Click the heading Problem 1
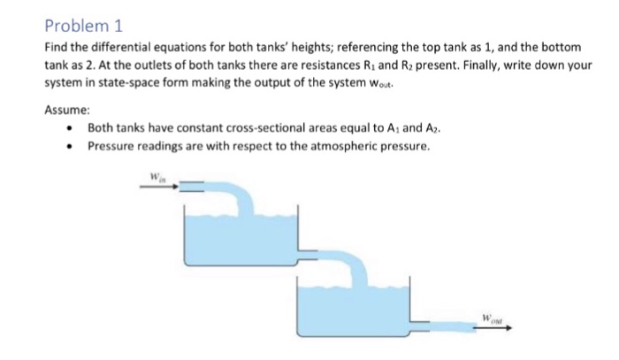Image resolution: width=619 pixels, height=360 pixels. tap(80, 24)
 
